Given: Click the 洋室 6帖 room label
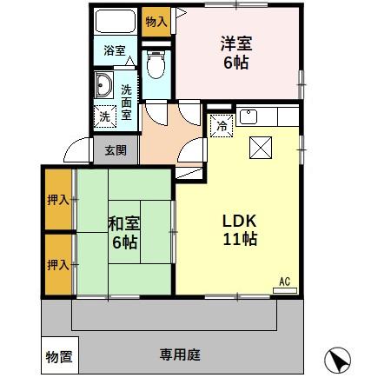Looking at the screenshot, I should tap(236, 51).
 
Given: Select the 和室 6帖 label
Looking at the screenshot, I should tap(123, 232).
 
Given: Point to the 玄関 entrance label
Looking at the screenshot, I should tap(116, 150).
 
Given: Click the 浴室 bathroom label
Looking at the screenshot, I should tap(115, 50).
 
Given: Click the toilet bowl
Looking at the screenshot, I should tap(156, 65).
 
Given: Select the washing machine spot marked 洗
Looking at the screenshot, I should tap(105, 115).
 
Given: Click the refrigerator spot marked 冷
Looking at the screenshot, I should tap(221, 125).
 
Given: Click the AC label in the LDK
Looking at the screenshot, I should tap(284, 282).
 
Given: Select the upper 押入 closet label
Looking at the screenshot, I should tap(58, 200).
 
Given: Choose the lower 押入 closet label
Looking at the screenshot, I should tap(58, 263).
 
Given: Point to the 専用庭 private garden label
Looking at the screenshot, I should tap(180, 355).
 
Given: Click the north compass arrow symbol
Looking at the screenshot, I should tap(338, 361).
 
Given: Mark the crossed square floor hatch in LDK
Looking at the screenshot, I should tap(260, 148).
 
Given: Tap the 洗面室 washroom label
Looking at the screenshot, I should tap(126, 101).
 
